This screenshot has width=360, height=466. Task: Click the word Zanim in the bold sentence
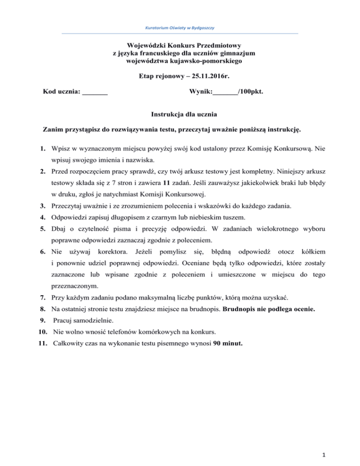coord(52,128)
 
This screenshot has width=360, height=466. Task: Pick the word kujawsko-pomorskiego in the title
coord(210,60)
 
